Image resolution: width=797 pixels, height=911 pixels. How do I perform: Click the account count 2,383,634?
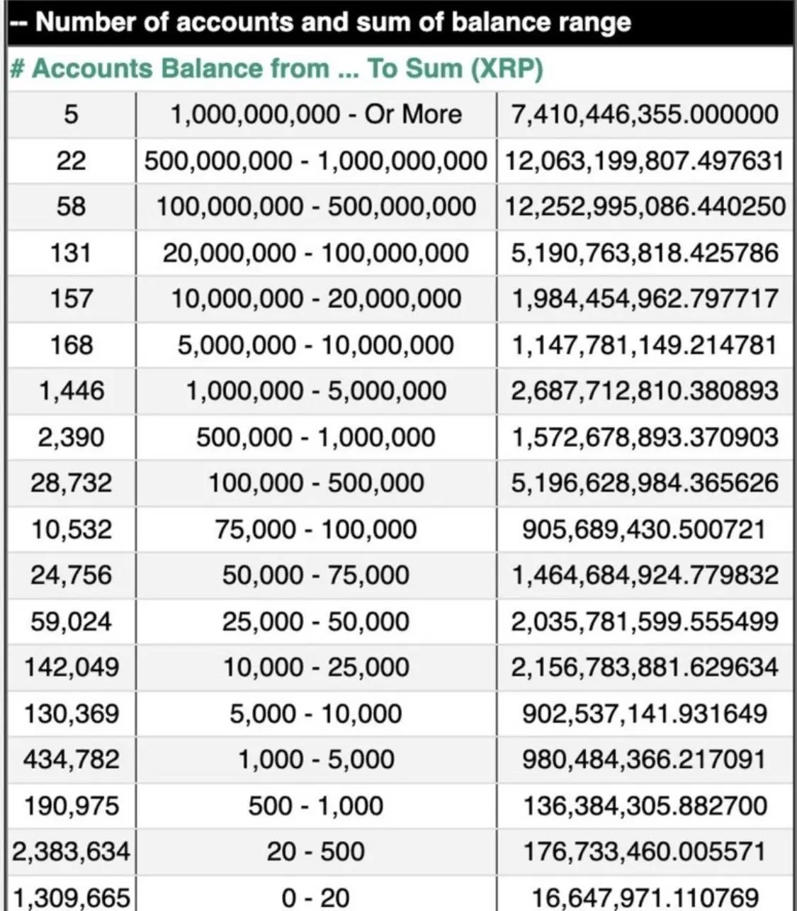tap(72, 851)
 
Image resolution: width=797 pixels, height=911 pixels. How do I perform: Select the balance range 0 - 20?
tap(316, 898)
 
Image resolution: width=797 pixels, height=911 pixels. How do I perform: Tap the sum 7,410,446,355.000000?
tap(645, 114)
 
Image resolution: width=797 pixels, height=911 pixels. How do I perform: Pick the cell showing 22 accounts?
tap(72, 161)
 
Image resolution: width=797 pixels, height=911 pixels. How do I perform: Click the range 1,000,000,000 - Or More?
tap(316, 114)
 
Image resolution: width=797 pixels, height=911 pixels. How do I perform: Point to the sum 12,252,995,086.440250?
tap(645, 206)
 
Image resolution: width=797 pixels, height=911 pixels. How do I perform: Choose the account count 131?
tap(72, 253)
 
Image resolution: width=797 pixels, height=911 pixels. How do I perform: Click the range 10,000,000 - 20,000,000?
tap(316, 298)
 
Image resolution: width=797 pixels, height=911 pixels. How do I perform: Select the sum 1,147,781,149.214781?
tap(645, 345)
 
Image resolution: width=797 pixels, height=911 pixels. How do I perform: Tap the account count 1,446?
tap(72, 390)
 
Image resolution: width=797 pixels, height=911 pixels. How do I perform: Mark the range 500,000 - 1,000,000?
tap(316, 437)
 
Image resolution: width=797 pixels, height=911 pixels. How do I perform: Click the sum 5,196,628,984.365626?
tap(645, 483)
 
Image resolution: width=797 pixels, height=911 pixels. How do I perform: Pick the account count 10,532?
tap(72, 529)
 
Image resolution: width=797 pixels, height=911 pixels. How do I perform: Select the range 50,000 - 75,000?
tap(316, 575)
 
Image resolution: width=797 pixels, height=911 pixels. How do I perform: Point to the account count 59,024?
tap(72, 621)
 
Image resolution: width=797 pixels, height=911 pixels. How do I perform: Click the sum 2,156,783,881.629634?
tap(645, 667)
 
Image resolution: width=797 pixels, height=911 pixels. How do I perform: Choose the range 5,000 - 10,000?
tap(316, 713)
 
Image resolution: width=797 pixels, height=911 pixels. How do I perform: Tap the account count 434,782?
tap(72, 759)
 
